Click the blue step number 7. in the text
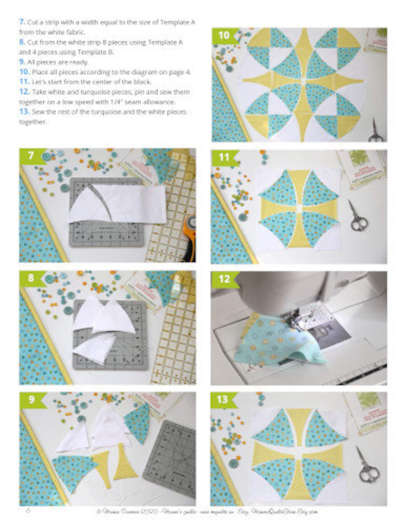tap(22, 22)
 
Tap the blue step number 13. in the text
tap(24, 112)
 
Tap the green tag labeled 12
tap(224, 279)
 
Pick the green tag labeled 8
tap(31, 278)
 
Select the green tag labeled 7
tap(31, 155)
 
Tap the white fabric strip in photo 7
tap(133, 202)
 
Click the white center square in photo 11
tap(298, 207)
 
